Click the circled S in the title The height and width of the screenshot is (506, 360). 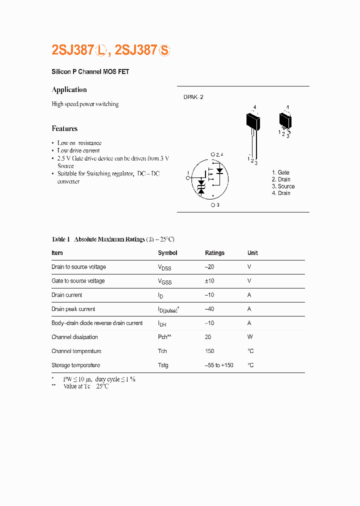[x=164, y=50]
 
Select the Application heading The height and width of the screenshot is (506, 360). [x=69, y=90]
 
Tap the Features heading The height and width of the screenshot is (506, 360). [x=64, y=128]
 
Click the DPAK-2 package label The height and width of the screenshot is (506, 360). [x=193, y=97]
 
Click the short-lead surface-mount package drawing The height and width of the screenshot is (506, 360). [x=285, y=121]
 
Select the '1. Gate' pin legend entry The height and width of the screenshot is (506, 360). [x=280, y=172]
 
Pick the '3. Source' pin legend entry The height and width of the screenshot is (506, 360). [x=283, y=186]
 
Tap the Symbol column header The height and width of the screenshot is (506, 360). [x=167, y=253]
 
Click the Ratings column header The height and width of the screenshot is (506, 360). [x=214, y=253]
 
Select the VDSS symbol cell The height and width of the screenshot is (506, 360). [x=164, y=267]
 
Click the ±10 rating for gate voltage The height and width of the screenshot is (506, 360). [x=209, y=281]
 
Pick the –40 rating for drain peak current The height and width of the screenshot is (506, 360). [x=209, y=309]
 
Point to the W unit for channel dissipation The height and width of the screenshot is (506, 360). [x=249, y=337]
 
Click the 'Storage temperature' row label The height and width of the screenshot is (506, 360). [x=75, y=365]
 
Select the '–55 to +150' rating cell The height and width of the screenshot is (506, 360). [x=219, y=365]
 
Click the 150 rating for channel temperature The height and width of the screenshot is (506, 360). [x=209, y=351]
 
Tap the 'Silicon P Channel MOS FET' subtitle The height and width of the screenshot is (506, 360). [x=90, y=72]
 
